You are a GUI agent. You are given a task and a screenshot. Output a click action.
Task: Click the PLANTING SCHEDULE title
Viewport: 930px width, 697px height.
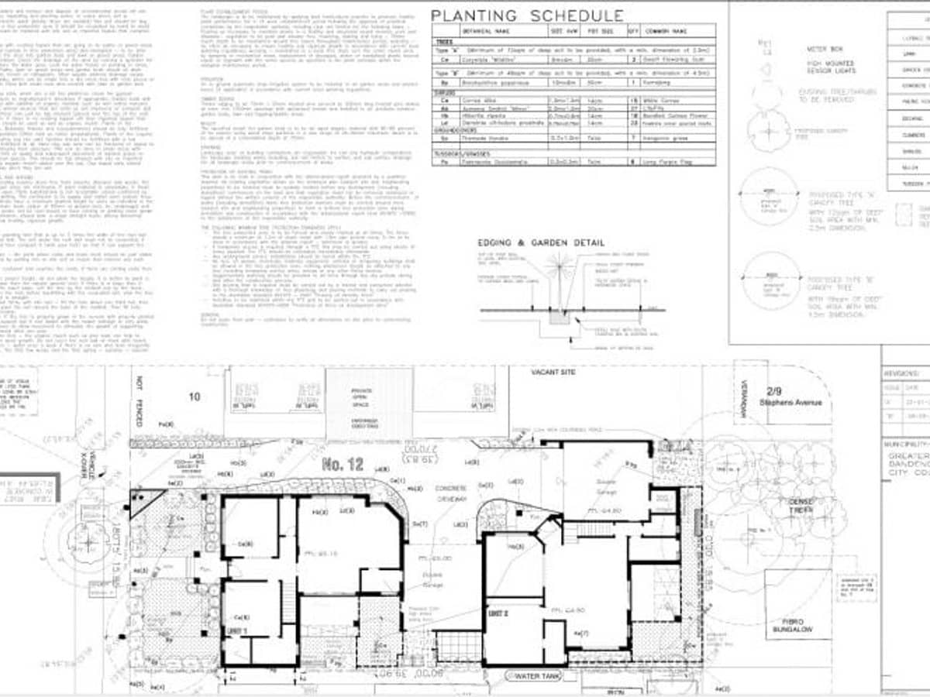[x=527, y=15]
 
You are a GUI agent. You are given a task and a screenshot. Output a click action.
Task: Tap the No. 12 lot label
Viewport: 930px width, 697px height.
[x=343, y=465]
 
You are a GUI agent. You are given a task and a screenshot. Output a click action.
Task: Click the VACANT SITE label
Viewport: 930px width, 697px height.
[x=553, y=373]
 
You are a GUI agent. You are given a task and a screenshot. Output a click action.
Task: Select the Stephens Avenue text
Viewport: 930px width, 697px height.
[x=784, y=403]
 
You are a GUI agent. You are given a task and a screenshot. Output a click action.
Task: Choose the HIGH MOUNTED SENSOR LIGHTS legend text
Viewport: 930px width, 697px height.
[x=830, y=67]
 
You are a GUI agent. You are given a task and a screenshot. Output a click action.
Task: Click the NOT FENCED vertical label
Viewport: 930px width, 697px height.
[x=140, y=401]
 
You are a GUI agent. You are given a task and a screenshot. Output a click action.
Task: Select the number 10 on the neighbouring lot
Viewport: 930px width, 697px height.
[x=194, y=397]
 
